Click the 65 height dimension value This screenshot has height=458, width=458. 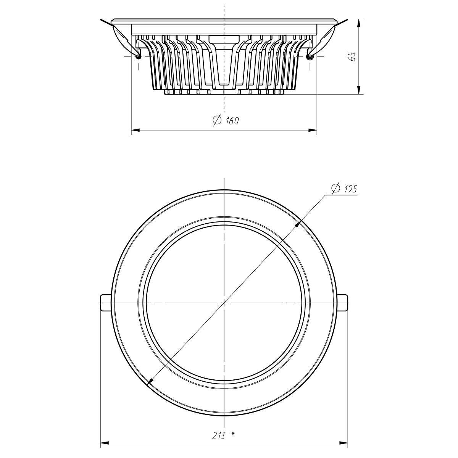pos(353,56)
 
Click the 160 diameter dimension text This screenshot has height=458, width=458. pos(232,121)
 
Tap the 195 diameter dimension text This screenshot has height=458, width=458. pos(351,189)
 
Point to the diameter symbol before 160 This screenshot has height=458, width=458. pos(217,120)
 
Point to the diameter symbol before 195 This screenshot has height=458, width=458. pos(336,188)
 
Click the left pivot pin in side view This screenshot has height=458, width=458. pos(138,56)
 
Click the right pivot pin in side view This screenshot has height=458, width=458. pos(310,56)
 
